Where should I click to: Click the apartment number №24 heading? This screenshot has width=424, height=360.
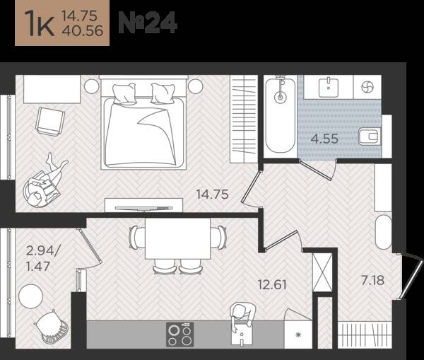(148, 23)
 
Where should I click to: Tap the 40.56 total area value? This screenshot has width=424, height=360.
(83, 30)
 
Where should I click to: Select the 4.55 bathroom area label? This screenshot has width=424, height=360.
(324, 139)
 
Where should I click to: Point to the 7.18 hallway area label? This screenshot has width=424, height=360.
(372, 280)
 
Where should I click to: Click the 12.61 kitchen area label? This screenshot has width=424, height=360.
(272, 284)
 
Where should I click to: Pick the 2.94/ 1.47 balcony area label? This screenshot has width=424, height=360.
(42, 258)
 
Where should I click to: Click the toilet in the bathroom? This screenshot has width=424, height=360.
(370, 137)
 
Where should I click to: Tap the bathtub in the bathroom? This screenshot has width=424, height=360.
(280, 116)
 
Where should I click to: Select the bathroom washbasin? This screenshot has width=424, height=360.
(329, 87)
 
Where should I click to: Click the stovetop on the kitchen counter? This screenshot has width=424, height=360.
(179, 335)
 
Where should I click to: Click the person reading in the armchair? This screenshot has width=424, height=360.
(45, 181)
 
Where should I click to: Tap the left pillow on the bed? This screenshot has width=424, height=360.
(124, 93)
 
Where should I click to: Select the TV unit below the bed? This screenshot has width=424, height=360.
(143, 205)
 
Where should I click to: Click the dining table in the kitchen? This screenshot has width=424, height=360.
(177, 238)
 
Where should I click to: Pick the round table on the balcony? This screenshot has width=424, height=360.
(31, 296)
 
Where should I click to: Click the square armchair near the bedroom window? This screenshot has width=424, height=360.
(50, 121)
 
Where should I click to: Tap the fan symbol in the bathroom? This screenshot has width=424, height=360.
(367, 87)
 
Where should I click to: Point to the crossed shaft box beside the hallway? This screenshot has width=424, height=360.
(322, 272)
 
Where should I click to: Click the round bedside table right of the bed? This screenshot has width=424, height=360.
(196, 86)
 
